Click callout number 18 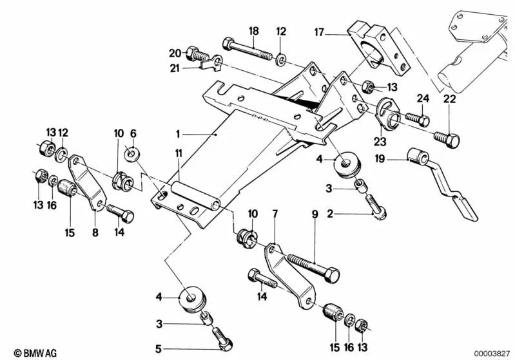pos(253,31)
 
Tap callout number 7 pos(275,213)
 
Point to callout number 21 pos(175,67)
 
